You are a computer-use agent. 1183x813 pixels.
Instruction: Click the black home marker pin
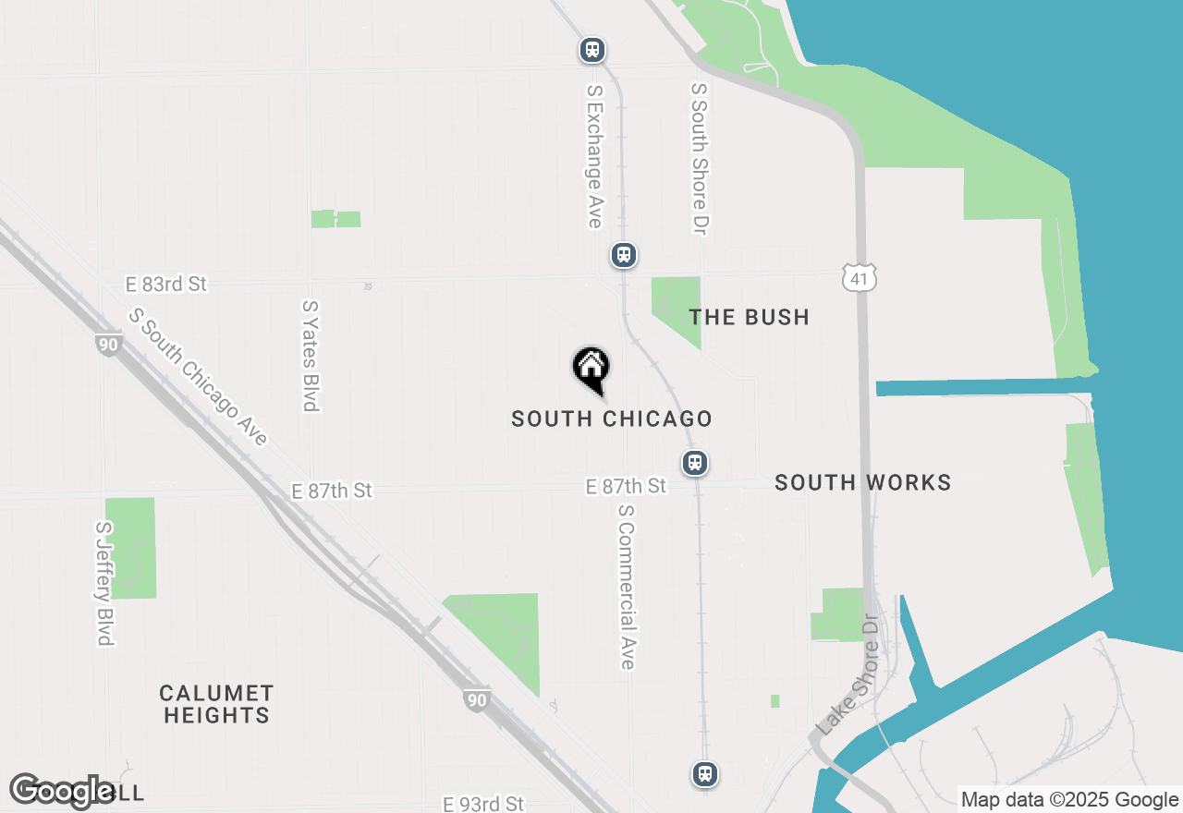591,368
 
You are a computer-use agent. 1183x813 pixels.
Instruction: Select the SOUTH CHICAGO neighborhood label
612,419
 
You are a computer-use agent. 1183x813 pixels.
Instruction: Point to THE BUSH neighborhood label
750,317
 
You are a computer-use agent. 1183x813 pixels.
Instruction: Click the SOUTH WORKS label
862,482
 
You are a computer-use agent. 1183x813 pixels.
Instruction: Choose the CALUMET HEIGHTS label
216,704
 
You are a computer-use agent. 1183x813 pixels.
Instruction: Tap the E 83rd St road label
166,284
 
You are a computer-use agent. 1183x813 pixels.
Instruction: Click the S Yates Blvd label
310,355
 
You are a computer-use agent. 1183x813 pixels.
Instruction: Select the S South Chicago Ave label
199,376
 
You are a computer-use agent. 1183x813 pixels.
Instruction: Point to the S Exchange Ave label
594,156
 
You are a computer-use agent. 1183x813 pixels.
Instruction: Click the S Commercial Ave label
627,587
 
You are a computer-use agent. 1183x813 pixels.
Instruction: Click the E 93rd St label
483,804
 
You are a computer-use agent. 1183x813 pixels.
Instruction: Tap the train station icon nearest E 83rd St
624,254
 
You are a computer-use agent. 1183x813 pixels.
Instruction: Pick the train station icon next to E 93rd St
705,773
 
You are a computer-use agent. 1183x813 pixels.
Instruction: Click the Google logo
62,791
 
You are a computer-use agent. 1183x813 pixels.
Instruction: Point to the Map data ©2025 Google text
1069,800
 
